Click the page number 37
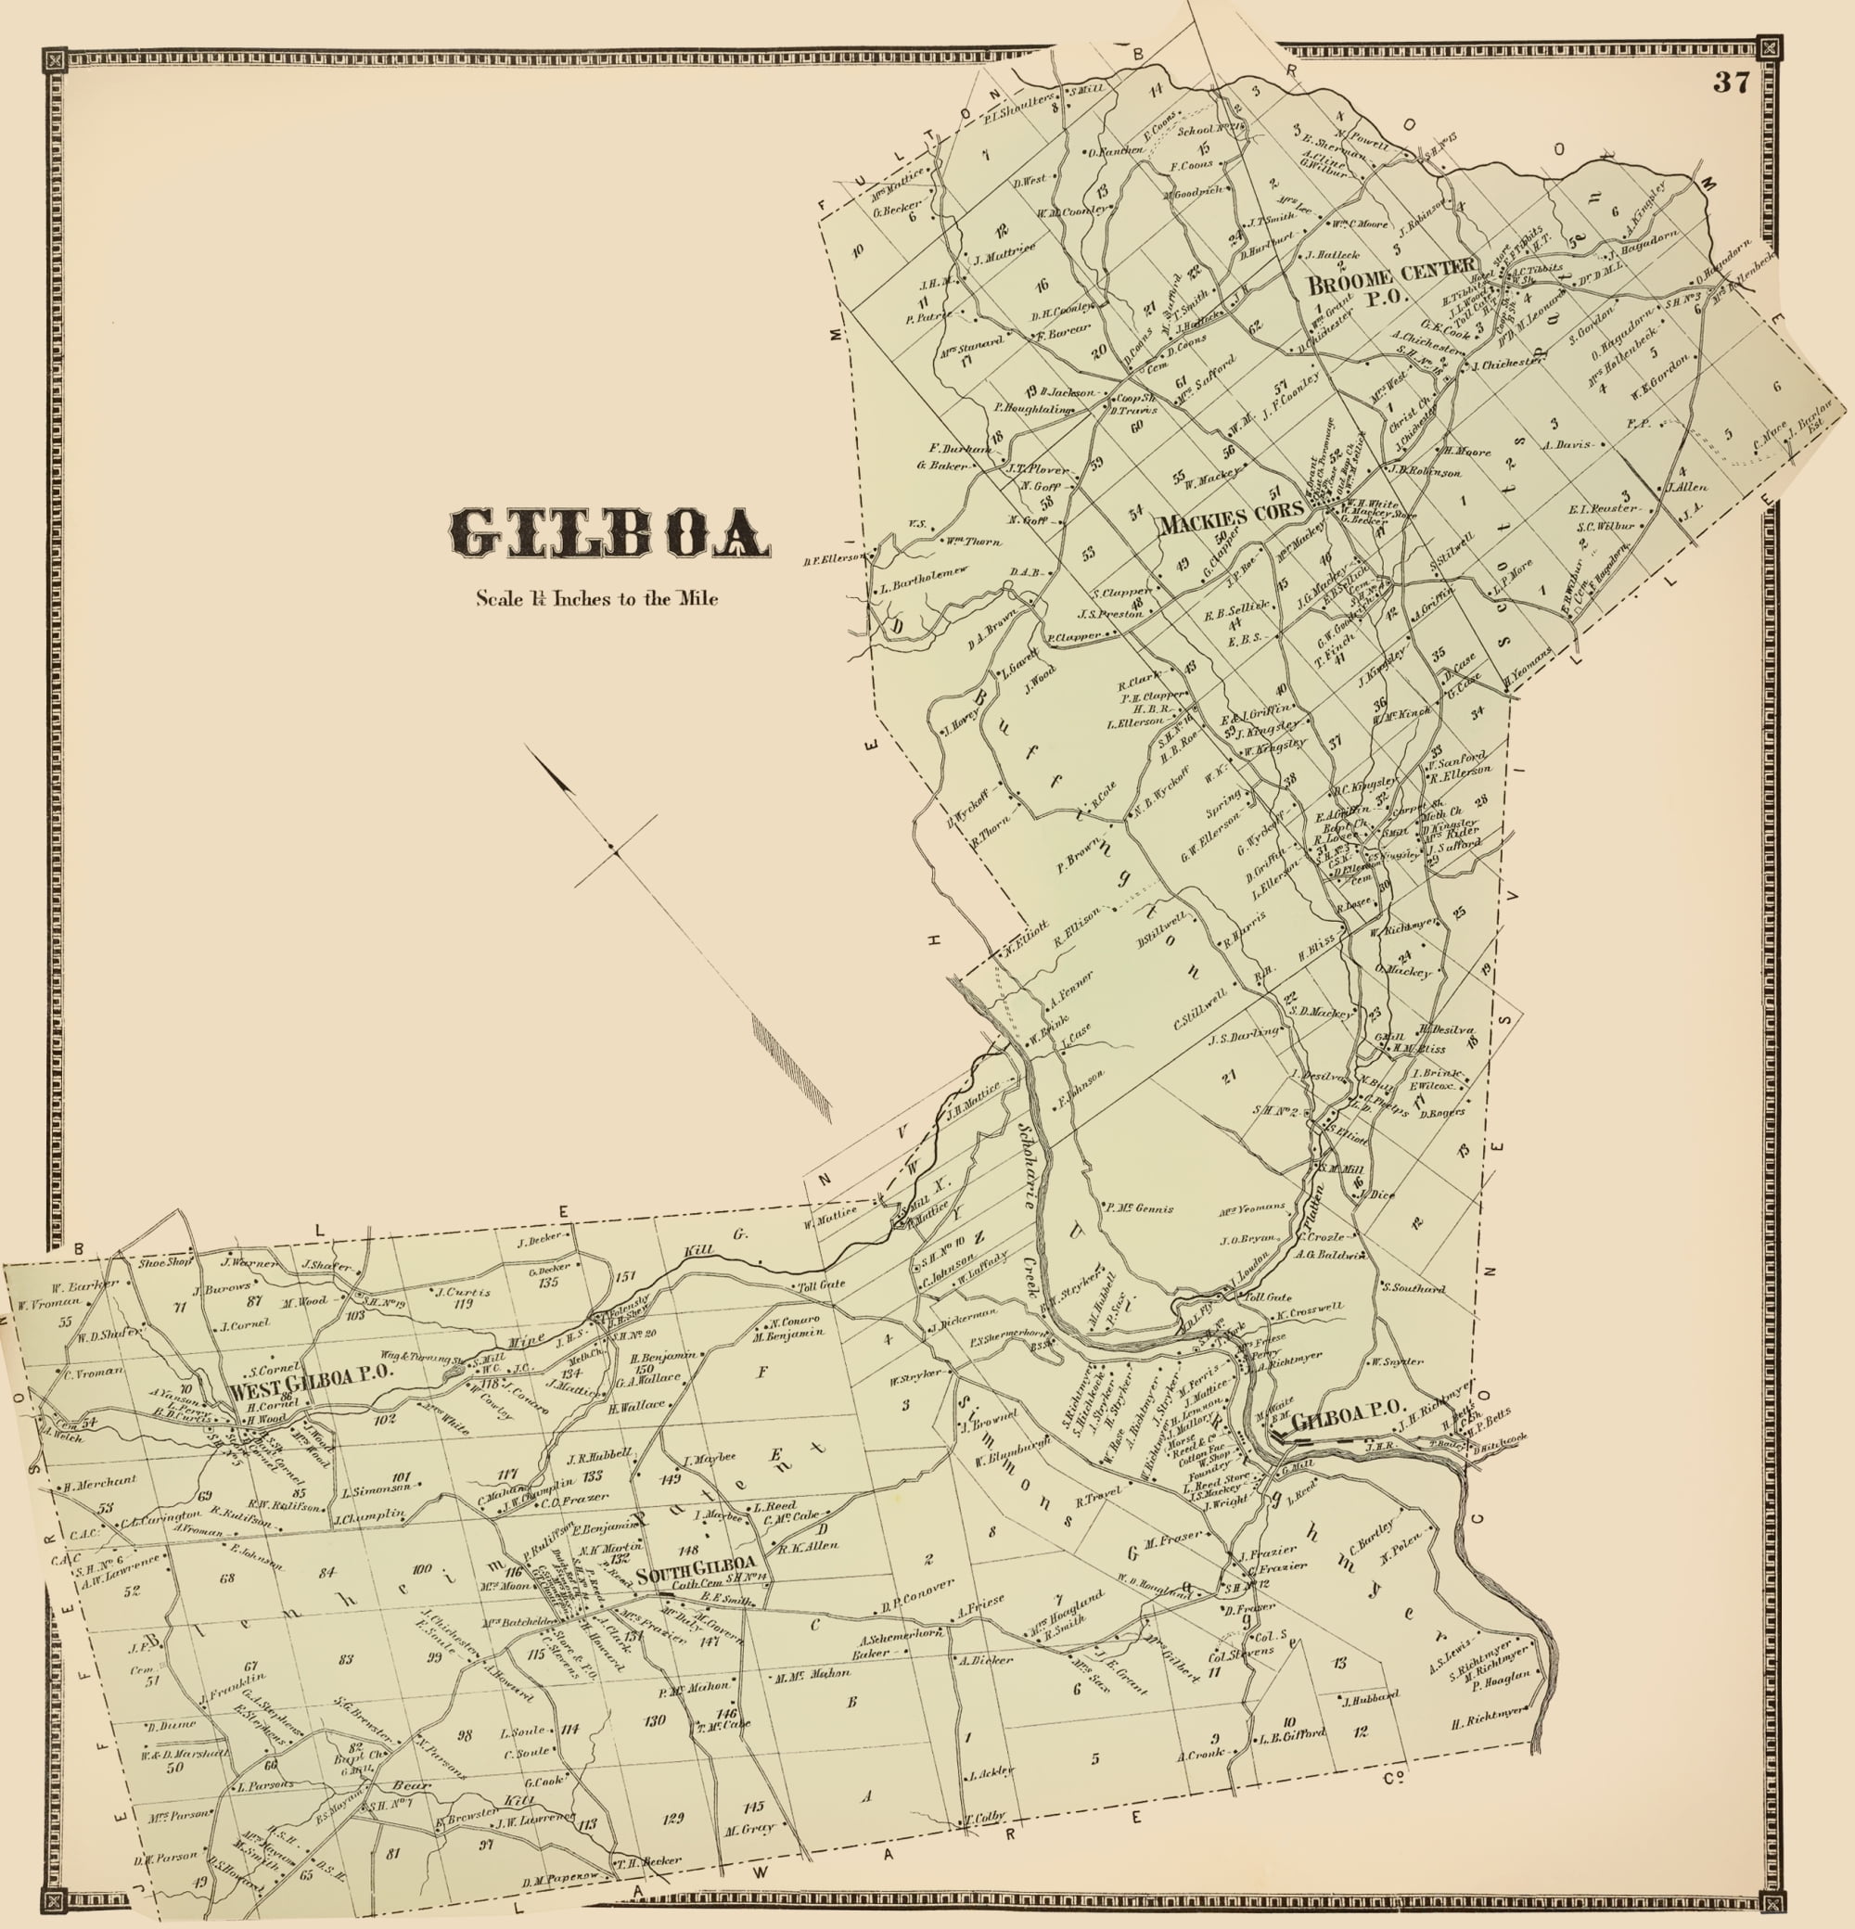1731,83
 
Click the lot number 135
548,1282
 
